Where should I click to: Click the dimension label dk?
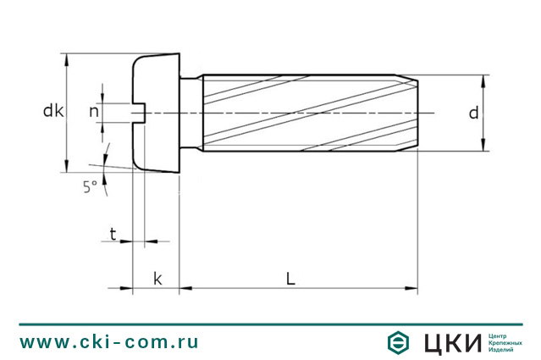pyautogui.click(x=53, y=110)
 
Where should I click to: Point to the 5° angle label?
pyautogui.click(x=90, y=188)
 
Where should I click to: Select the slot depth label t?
pyautogui.click(x=113, y=233)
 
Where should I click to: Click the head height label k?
pyautogui.click(x=157, y=279)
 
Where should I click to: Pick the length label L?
pyautogui.click(x=290, y=279)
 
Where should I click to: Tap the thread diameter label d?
pyautogui.click(x=474, y=113)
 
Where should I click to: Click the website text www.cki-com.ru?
pyautogui.click(x=109, y=341)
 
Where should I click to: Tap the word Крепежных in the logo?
pyautogui.click(x=506, y=342)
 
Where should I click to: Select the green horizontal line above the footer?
pyautogui.click(x=270, y=324)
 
